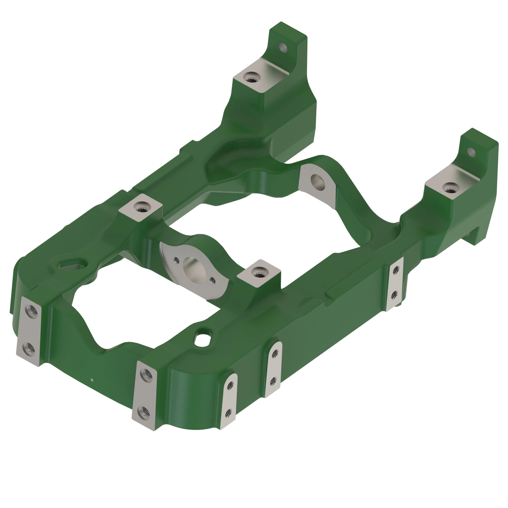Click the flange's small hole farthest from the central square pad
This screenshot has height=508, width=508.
pyautogui.click(x=176, y=261)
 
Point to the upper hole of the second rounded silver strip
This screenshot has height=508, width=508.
pyautogui.click(x=275, y=354)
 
